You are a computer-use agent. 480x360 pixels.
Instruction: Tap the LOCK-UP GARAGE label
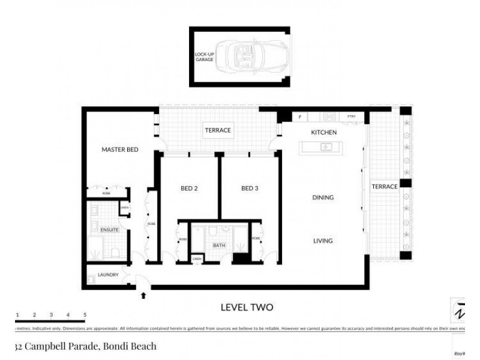point(205,57)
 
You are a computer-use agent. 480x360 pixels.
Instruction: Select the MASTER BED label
point(120,149)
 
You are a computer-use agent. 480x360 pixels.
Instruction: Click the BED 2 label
point(189,188)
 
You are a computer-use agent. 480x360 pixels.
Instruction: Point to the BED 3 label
point(250,188)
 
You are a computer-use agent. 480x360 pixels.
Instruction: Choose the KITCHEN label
point(323,132)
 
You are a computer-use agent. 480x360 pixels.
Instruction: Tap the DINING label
point(323,197)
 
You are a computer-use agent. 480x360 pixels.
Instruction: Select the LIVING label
point(323,241)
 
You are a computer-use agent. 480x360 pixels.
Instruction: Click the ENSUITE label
point(109,230)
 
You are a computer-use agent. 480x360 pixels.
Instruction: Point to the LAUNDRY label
point(108,275)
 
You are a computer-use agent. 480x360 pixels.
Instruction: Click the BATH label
point(218,245)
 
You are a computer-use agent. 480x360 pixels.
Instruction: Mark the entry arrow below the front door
point(143,295)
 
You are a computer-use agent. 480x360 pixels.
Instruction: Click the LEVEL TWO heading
point(247,307)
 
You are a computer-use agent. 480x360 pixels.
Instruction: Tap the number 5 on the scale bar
point(85,314)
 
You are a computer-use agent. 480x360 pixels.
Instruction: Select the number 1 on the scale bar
point(18,314)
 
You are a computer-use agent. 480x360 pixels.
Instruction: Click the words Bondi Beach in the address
point(130,346)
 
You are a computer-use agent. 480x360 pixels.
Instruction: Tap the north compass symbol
point(459,311)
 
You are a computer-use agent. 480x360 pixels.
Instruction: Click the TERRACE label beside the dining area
point(385,187)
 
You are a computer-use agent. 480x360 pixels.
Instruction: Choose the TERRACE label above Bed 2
point(218,130)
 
